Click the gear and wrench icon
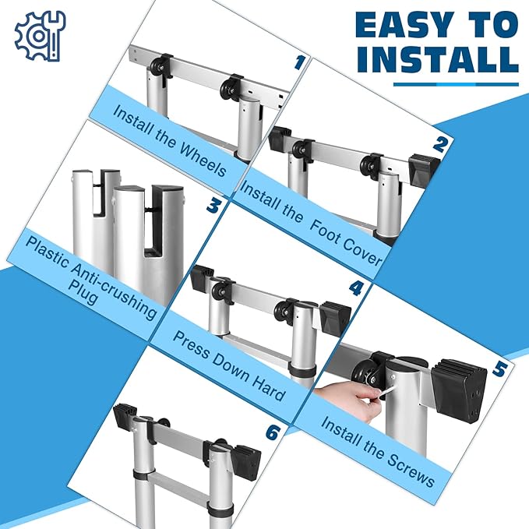(40, 37)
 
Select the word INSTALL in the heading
(438, 59)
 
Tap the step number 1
(298, 63)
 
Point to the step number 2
(439, 144)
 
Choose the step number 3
(213, 206)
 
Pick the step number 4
(356, 288)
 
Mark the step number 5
(500, 369)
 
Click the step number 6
(273, 433)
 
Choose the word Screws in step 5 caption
(411, 470)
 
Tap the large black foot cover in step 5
(460, 390)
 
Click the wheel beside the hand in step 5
(365, 375)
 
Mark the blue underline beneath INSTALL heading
(456, 84)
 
